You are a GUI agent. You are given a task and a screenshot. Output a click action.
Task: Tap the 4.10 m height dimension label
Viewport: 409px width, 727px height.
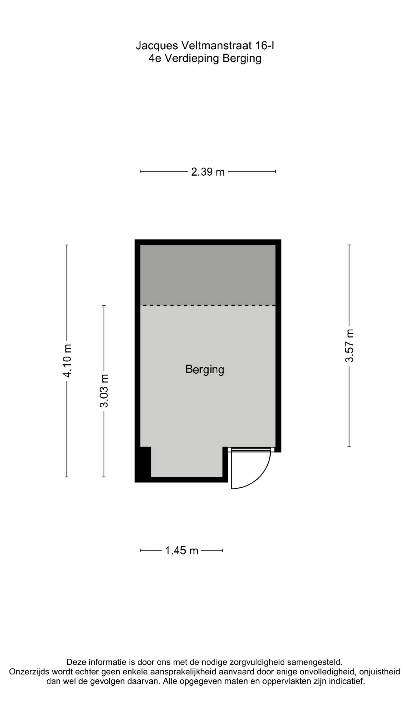67,361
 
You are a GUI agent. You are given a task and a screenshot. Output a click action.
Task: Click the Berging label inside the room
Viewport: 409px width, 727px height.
205,369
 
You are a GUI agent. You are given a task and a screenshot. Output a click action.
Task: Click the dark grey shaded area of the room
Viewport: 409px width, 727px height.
208,275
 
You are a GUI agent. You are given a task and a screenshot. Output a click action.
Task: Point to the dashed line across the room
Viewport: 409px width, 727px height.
208,305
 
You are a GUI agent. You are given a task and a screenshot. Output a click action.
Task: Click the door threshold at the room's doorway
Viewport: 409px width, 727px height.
251,450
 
